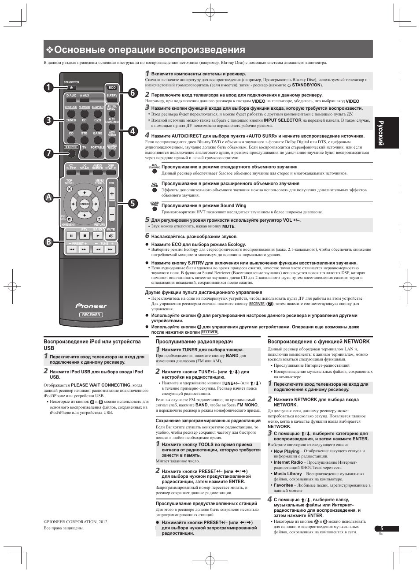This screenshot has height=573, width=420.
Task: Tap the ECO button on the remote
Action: coord(112,87)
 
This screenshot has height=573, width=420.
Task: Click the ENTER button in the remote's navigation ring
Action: coord(85,204)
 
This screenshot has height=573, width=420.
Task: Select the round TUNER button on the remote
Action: coord(71,125)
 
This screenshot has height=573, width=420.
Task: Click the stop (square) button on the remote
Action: coord(84,236)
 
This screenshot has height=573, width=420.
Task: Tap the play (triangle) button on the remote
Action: coord(97,236)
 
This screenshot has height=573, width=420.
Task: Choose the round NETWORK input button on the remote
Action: coord(84,112)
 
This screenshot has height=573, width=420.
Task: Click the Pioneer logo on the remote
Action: coord(91,305)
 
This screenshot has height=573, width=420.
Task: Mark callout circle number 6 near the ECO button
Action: coord(133,93)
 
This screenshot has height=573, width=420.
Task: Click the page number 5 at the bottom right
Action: coord(382,528)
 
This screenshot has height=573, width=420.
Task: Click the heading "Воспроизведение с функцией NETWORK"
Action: coord(319,342)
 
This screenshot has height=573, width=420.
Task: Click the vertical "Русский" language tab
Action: coord(389,133)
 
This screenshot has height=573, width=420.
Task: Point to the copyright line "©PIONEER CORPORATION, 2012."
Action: coord(75,521)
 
